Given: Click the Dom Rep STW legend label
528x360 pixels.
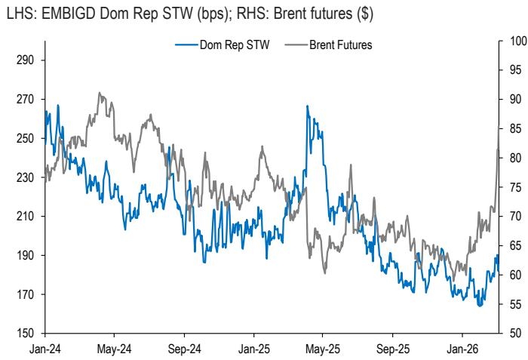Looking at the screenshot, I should [x=234, y=45].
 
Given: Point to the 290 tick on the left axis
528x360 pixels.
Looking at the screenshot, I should [x=28, y=60].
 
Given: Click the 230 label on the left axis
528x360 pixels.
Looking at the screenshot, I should [x=28, y=177].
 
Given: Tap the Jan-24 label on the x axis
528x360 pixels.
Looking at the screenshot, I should [x=45, y=349].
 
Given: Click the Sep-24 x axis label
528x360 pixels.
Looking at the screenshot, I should [x=183, y=349].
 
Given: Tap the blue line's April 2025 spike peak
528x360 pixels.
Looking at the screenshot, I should [x=307, y=106].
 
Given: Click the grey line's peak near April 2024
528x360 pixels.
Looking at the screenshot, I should [x=100, y=93].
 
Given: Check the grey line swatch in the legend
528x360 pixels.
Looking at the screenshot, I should [x=294, y=45].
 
